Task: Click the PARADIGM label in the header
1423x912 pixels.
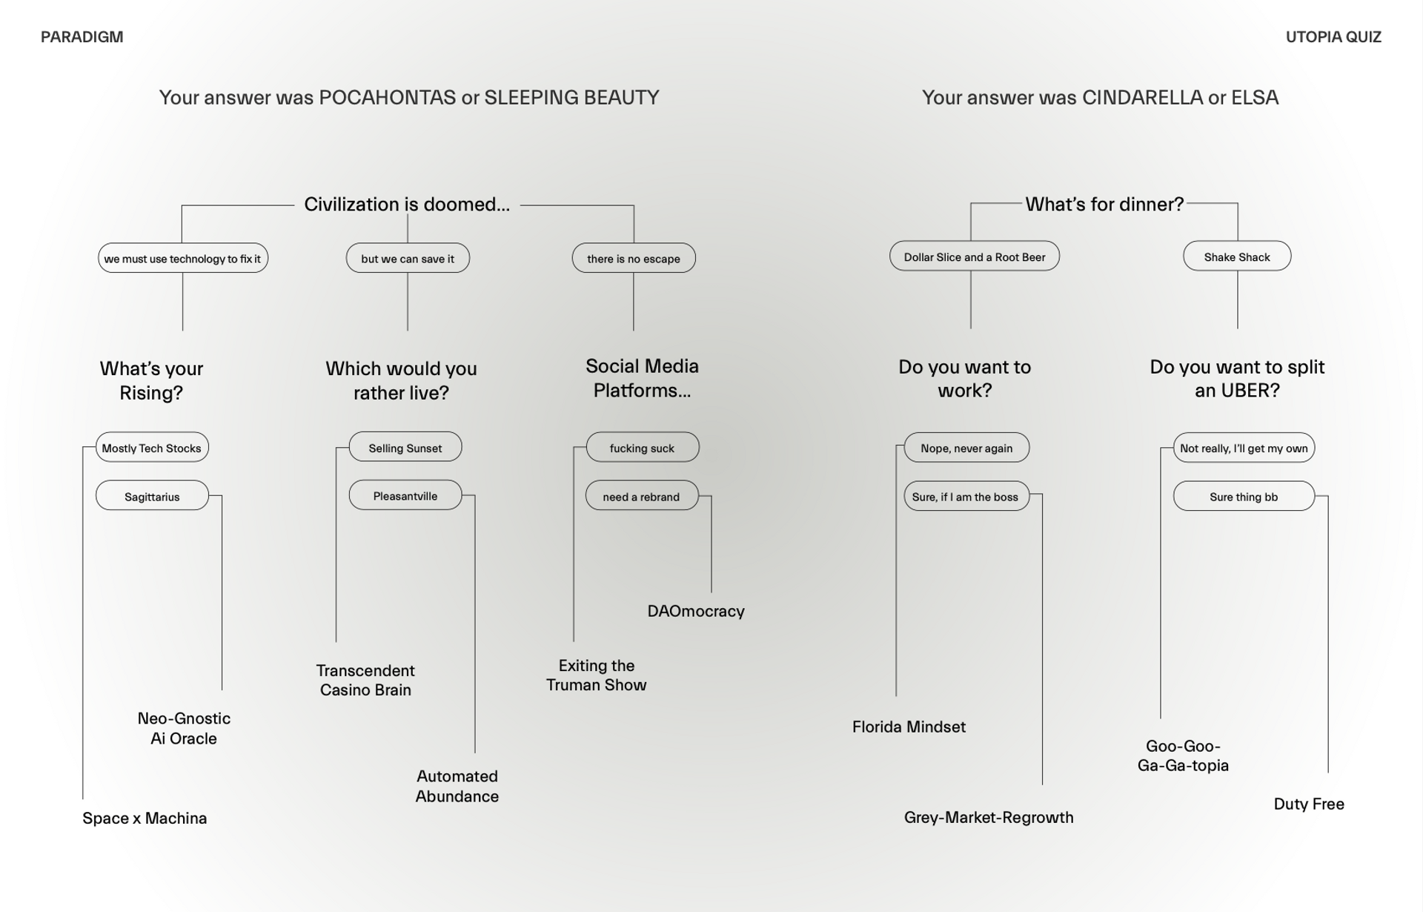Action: click(x=82, y=37)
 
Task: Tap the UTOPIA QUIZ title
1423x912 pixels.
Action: click(x=1333, y=37)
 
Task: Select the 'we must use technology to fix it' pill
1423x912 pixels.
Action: click(x=182, y=258)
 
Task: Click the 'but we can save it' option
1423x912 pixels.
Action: click(x=408, y=258)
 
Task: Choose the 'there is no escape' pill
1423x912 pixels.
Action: click(x=633, y=258)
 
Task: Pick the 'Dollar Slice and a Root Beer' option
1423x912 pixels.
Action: click(x=974, y=257)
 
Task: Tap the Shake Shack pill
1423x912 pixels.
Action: click(x=1236, y=257)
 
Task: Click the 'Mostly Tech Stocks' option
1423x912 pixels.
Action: click(x=152, y=448)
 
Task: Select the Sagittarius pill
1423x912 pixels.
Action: click(x=152, y=496)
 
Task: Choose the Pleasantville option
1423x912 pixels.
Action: click(x=405, y=495)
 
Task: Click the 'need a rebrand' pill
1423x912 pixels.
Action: click(x=641, y=496)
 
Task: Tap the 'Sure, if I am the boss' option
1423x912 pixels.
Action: click(x=965, y=496)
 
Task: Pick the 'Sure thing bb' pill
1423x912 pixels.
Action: click(x=1243, y=496)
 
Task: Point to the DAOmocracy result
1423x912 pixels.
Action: click(x=695, y=611)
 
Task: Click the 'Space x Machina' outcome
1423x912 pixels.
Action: click(x=145, y=818)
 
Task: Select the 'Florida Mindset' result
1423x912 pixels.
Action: click(x=909, y=727)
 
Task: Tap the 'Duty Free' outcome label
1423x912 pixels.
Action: click(x=1308, y=804)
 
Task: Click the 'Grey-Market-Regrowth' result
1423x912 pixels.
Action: click(x=988, y=817)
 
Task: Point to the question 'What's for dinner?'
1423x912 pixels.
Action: click(x=1104, y=205)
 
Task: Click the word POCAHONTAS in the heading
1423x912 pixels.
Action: click(x=387, y=98)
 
